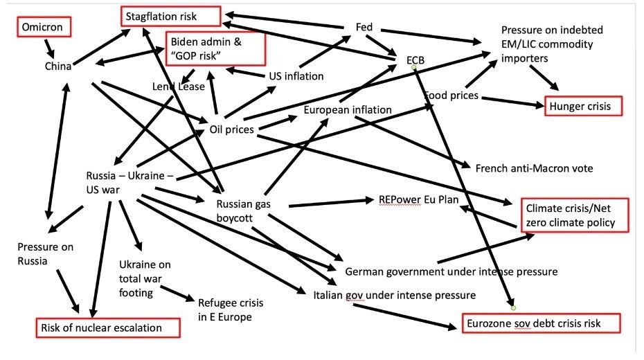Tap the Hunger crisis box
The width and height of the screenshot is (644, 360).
(x=582, y=106)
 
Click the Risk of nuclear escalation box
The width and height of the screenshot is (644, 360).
(x=109, y=327)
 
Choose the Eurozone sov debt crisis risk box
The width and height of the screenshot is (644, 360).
(x=541, y=323)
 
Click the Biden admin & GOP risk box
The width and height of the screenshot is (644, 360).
(x=215, y=48)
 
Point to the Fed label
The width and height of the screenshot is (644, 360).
(x=364, y=27)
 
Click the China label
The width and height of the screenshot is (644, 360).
(x=58, y=66)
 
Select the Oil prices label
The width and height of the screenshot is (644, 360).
(x=231, y=129)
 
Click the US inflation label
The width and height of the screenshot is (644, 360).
(x=296, y=75)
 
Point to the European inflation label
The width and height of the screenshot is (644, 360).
(x=348, y=109)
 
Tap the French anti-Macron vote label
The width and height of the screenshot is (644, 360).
(x=534, y=168)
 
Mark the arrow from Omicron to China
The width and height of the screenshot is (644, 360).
(x=50, y=48)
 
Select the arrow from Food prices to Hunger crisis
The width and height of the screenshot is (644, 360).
(x=510, y=102)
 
